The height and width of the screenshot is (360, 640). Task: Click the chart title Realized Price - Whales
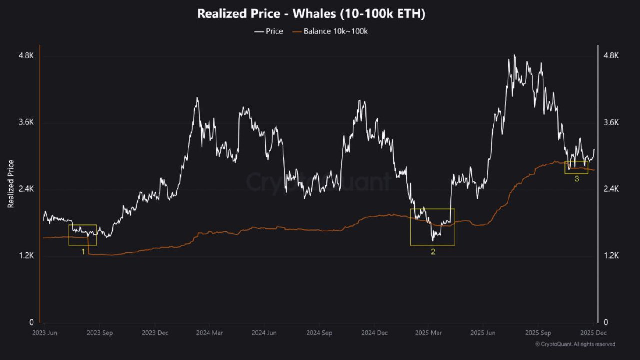[x=311, y=14]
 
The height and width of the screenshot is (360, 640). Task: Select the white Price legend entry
[x=268, y=31]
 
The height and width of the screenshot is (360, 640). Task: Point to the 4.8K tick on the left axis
[x=26, y=56]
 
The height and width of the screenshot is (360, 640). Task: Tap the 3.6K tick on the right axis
[x=611, y=122]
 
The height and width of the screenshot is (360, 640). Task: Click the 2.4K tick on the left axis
[x=26, y=189]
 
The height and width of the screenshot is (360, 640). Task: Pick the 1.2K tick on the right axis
[x=611, y=256]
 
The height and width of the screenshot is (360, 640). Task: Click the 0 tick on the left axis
[x=31, y=322]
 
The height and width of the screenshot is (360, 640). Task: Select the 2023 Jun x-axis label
[x=44, y=332]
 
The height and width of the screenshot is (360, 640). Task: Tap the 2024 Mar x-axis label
[x=209, y=332]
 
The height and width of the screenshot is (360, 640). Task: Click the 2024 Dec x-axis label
[x=374, y=332]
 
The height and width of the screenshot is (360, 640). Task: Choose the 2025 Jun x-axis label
[x=484, y=332]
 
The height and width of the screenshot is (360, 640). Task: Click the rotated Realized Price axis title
[x=11, y=184]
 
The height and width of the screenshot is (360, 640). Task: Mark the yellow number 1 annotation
[x=83, y=252]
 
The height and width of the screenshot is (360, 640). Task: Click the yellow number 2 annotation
[x=433, y=252]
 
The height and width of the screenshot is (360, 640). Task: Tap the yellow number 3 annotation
[x=576, y=179]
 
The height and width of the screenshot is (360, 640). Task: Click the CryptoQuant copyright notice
[x=575, y=344]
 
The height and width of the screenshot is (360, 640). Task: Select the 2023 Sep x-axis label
[x=100, y=332]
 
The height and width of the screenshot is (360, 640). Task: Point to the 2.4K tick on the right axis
[x=611, y=189]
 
